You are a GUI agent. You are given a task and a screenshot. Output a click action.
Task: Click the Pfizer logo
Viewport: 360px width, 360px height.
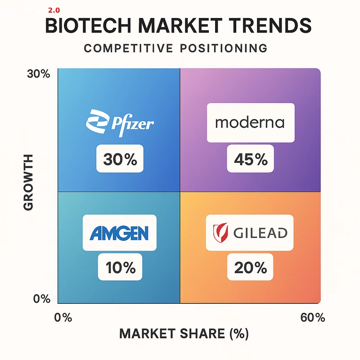click(120, 121)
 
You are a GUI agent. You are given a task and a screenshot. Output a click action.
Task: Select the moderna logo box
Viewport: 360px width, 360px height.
click(250, 123)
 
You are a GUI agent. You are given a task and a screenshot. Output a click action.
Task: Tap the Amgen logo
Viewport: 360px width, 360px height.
click(119, 232)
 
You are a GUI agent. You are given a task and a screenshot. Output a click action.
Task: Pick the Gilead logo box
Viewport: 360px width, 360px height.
click(250, 232)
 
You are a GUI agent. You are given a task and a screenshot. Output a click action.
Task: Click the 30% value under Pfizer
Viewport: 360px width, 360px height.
click(120, 159)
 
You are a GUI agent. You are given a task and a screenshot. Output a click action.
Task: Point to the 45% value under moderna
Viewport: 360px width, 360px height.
click(250, 159)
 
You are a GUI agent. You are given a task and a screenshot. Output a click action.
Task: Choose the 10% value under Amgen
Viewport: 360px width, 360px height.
click(120, 268)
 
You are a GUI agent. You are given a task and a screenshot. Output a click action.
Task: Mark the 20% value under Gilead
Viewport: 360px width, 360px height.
click(250, 268)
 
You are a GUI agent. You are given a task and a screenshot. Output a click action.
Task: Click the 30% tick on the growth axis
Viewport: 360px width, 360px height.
click(39, 75)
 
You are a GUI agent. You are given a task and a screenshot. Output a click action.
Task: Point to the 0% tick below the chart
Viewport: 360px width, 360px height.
click(63, 317)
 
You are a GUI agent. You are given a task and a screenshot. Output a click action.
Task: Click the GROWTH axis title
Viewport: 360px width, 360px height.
click(28, 182)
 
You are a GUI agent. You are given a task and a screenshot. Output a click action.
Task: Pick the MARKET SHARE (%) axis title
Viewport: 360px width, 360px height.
click(184, 334)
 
